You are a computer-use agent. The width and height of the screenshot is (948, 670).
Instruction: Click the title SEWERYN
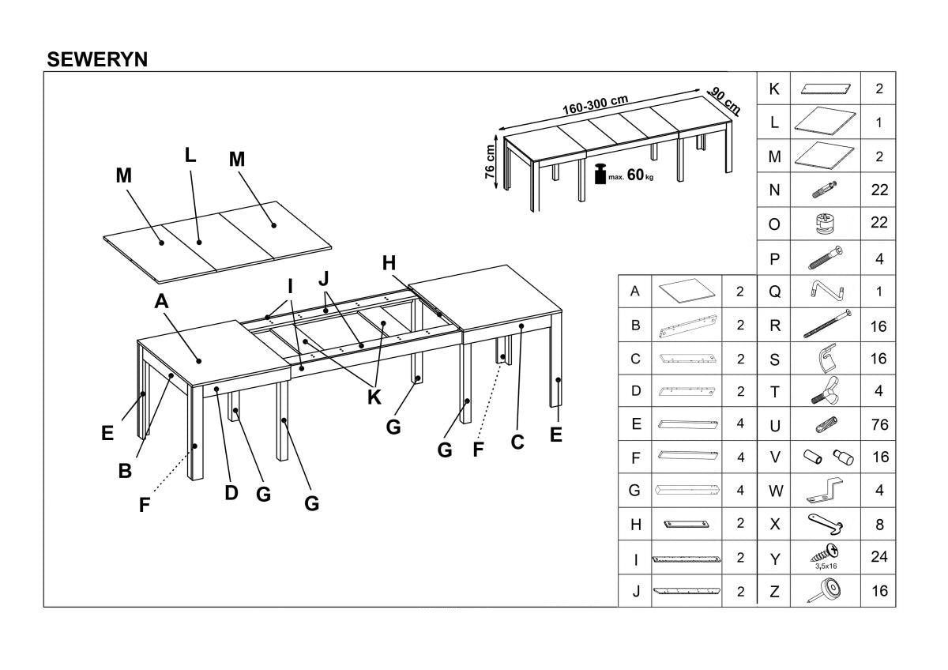[97, 59]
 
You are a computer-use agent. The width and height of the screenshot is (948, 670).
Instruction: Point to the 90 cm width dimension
[724, 100]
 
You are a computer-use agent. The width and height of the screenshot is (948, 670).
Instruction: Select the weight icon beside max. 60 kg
[599, 174]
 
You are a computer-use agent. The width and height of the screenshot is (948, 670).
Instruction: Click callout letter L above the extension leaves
[190, 155]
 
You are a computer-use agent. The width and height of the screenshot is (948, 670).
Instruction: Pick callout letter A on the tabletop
[161, 301]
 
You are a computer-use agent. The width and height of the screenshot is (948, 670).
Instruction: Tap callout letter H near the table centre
[389, 263]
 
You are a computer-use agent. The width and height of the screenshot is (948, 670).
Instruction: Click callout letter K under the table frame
[374, 397]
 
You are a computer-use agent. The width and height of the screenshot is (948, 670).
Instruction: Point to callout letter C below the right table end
[517, 442]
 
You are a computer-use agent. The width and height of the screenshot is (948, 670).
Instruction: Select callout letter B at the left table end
[125, 471]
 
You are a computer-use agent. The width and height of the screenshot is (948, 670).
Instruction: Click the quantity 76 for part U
[878, 425]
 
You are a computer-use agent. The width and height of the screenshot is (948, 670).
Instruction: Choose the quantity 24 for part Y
[878, 557]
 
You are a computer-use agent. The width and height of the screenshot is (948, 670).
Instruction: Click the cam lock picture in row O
[825, 224]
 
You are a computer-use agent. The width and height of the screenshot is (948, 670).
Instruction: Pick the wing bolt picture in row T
[825, 390]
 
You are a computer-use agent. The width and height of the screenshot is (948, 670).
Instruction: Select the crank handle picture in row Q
[825, 292]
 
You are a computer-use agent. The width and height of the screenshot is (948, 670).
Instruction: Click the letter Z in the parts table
[774, 591]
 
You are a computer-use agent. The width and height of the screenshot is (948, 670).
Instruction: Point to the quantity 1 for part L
[878, 123]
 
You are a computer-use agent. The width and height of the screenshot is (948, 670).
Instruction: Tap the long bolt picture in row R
[825, 325]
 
